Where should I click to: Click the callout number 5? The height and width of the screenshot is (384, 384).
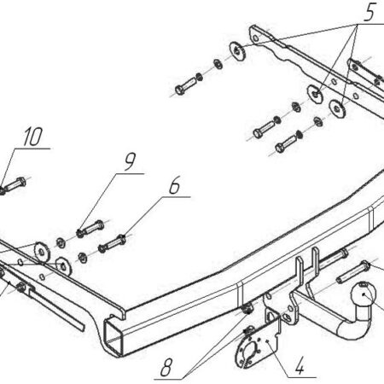[369, 12]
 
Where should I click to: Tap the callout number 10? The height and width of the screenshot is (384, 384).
[33, 137]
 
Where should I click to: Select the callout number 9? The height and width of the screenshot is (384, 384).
[130, 161]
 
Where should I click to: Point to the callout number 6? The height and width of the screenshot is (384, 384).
[174, 185]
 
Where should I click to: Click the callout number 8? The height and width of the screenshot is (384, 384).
[166, 367]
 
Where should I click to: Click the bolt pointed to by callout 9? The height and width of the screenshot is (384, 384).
[90, 229]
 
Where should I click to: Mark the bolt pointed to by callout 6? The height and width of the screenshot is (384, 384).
[112, 243]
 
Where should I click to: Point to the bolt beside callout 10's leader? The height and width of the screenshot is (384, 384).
[14, 185]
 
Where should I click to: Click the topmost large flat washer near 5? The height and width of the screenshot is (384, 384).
[237, 51]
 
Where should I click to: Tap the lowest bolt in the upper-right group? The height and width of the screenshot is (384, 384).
[287, 143]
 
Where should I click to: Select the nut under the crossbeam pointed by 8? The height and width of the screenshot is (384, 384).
[248, 308]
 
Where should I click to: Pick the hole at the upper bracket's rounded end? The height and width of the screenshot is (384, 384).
[256, 38]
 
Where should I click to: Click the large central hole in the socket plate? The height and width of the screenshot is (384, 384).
[251, 349]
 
